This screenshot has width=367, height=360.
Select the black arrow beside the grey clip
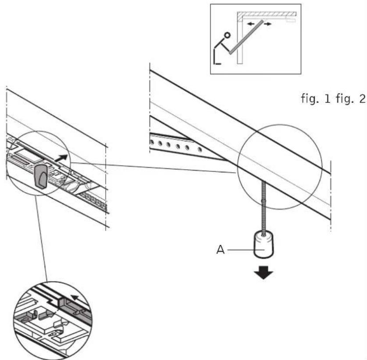(62, 157)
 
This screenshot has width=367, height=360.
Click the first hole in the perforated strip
(152, 142)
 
